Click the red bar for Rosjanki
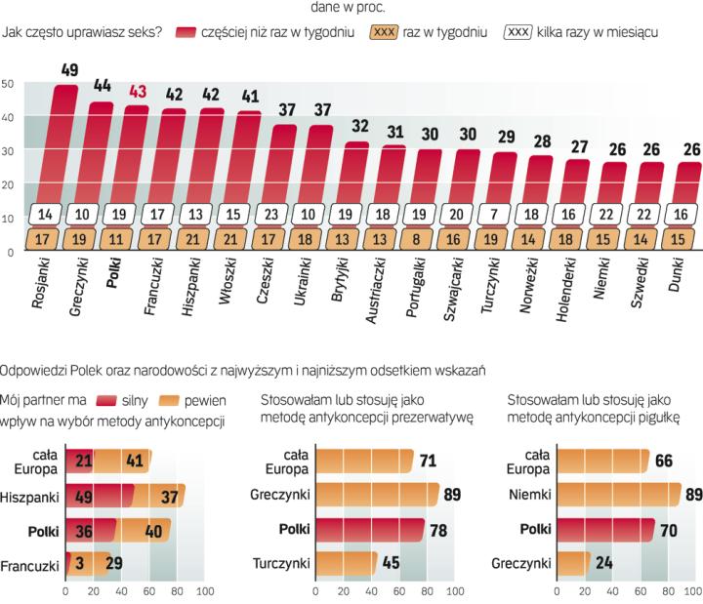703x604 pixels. coord(64,146)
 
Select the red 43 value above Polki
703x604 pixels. coord(139,92)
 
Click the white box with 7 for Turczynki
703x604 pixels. coord(504,215)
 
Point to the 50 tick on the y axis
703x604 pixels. coord(7,85)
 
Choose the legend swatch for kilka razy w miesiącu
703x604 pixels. coord(517,31)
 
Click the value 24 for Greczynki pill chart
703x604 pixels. coord(605,564)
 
